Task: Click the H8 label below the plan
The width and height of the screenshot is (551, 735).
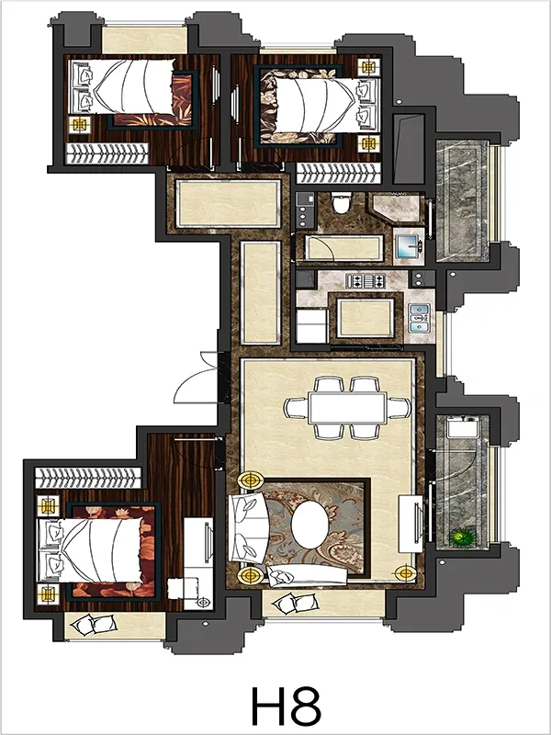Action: pyautogui.click(x=287, y=706)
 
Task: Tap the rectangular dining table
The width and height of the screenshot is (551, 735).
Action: pyautogui.click(x=347, y=408)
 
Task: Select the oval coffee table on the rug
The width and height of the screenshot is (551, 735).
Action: pyautogui.click(x=309, y=524)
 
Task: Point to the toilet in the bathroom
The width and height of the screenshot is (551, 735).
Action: pyautogui.click(x=340, y=202)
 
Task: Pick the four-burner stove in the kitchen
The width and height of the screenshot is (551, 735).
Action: pyautogui.click(x=365, y=281)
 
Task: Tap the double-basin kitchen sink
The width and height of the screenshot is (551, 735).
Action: pyautogui.click(x=419, y=318)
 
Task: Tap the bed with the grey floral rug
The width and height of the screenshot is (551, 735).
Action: pyautogui.click(x=320, y=107)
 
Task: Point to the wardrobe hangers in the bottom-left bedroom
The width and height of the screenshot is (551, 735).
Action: pyautogui.click(x=88, y=478)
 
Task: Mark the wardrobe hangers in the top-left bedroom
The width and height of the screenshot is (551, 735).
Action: pyautogui.click(x=107, y=153)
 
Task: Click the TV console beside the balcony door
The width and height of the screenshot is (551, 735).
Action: pyautogui.click(x=410, y=524)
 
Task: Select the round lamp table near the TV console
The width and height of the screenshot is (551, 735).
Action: pyautogui.click(x=405, y=573)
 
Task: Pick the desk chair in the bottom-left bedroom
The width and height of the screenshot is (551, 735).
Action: pyautogui.click(x=176, y=588)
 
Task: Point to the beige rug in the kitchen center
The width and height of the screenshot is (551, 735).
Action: pyautogui.click(x=365, y=317)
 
